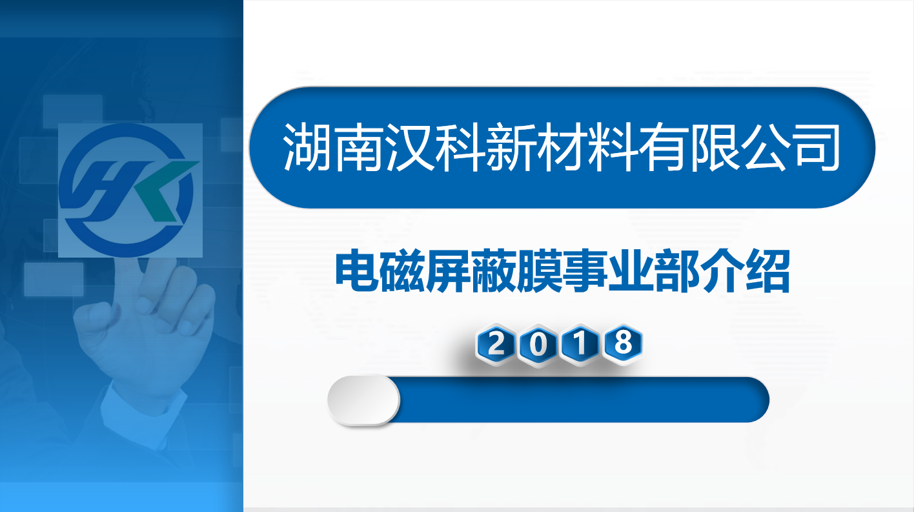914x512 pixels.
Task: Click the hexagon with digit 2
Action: point(496,344)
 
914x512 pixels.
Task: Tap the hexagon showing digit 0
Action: point(538,345)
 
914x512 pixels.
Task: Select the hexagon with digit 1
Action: point(580,344)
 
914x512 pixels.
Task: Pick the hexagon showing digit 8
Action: point(623,343)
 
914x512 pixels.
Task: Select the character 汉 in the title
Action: point(409,147)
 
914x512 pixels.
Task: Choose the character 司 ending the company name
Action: point(817,147)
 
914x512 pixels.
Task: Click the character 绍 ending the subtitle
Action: point(767,272)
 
